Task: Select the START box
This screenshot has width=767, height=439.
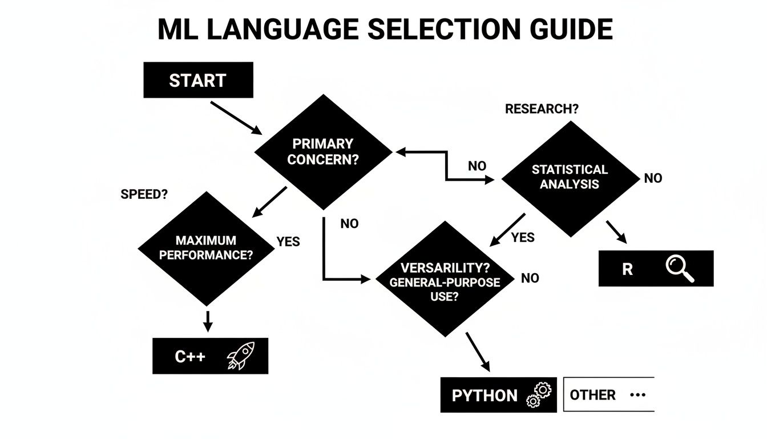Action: tap(197, 80)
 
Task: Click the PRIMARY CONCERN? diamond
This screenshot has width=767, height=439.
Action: tap(323, 151)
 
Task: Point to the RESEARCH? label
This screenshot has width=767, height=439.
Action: tap(541, 109)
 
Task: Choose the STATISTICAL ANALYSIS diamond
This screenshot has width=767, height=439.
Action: tap(570, 177)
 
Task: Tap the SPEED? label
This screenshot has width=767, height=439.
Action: tap(144, 194)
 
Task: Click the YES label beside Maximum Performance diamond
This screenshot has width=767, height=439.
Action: tap(288, 241)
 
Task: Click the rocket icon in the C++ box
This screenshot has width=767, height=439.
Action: tap(240, 355)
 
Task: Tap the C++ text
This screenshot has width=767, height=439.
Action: tap(190, 357)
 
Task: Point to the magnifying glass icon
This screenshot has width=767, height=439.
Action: tap(680, 269)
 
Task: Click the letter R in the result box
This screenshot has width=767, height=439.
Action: tap(627, 269)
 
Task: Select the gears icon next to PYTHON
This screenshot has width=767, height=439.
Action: tap(539, 393)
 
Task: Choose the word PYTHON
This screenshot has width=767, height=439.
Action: tap(485, 396)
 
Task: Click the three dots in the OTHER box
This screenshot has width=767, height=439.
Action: tap(637, 395)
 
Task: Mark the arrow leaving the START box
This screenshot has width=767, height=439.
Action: tap(236, 118)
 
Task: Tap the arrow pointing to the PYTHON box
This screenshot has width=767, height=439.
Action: tap(478, 350)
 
